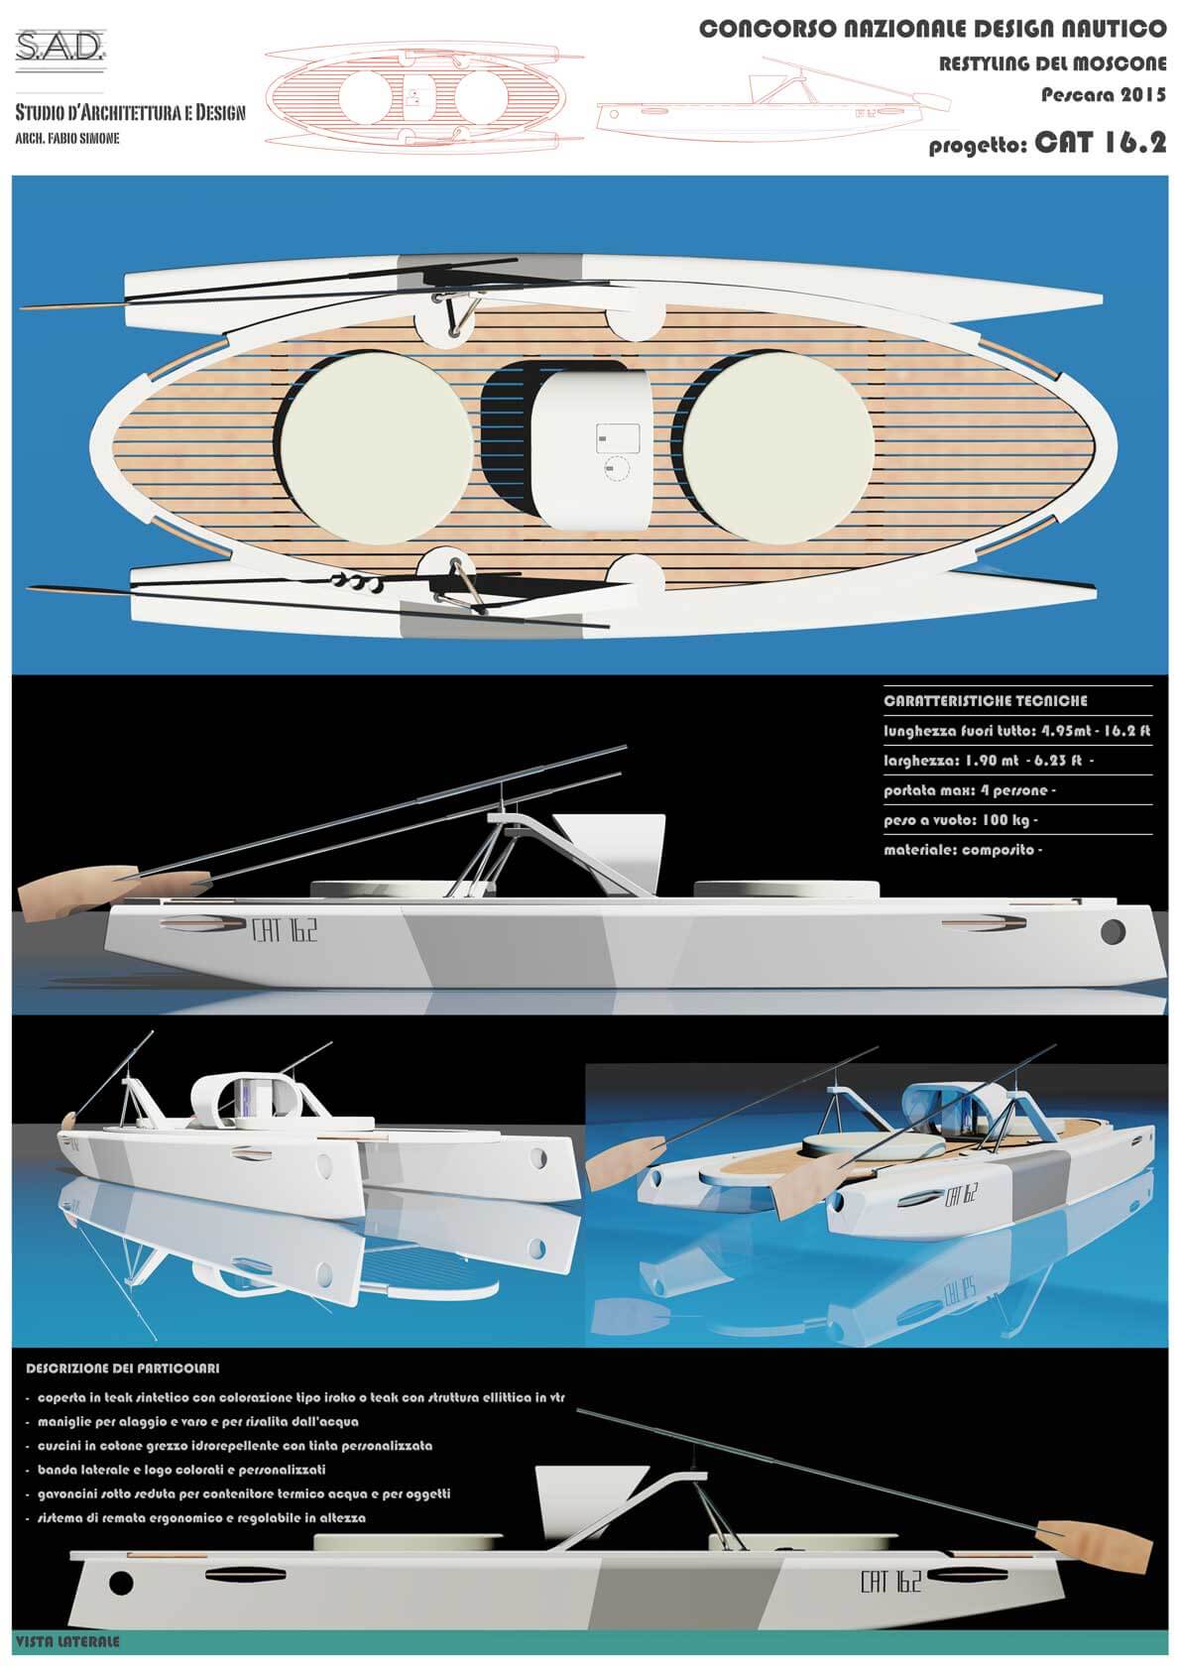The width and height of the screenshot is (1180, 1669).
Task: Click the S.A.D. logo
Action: tap(59, 47)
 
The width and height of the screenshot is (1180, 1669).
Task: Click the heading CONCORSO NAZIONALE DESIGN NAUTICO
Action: tap(933, 29)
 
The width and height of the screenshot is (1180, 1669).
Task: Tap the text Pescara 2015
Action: tap(1104, 95)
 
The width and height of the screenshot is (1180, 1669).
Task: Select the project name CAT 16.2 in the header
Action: tap(1101, 142)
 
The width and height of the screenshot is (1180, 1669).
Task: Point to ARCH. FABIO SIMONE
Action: tap(67, 139)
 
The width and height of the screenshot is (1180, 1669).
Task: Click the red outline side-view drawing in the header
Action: tap(773, 94)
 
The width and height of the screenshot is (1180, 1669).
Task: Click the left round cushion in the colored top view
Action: tap(375, 448)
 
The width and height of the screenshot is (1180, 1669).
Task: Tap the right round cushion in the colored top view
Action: tap(777, 448)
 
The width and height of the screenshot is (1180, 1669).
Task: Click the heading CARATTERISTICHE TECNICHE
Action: tap(985, 701)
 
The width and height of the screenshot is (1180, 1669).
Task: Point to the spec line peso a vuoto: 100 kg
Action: tap(960, 820)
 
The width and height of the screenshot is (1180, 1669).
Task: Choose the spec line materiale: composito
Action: tap(963, 850)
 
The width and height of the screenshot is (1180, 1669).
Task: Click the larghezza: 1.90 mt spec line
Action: tap(989, 761)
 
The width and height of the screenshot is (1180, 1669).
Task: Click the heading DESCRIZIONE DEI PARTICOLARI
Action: tap(122, 1369)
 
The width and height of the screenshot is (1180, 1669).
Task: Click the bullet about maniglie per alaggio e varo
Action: tap(197, 1422)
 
